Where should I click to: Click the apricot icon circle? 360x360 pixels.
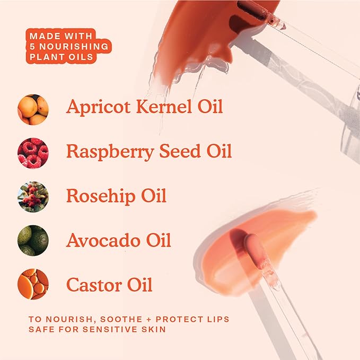[33, 109]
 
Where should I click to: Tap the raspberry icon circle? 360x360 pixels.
[33, 153]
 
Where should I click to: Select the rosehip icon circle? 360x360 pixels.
[33, 197]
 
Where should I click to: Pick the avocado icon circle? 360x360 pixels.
[33, 241]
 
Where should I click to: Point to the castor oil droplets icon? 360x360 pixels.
[33, 284]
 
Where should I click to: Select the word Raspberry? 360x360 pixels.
[106, 152]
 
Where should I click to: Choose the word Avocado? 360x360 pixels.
[100, 240]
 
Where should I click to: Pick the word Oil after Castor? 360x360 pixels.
[138, 284]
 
